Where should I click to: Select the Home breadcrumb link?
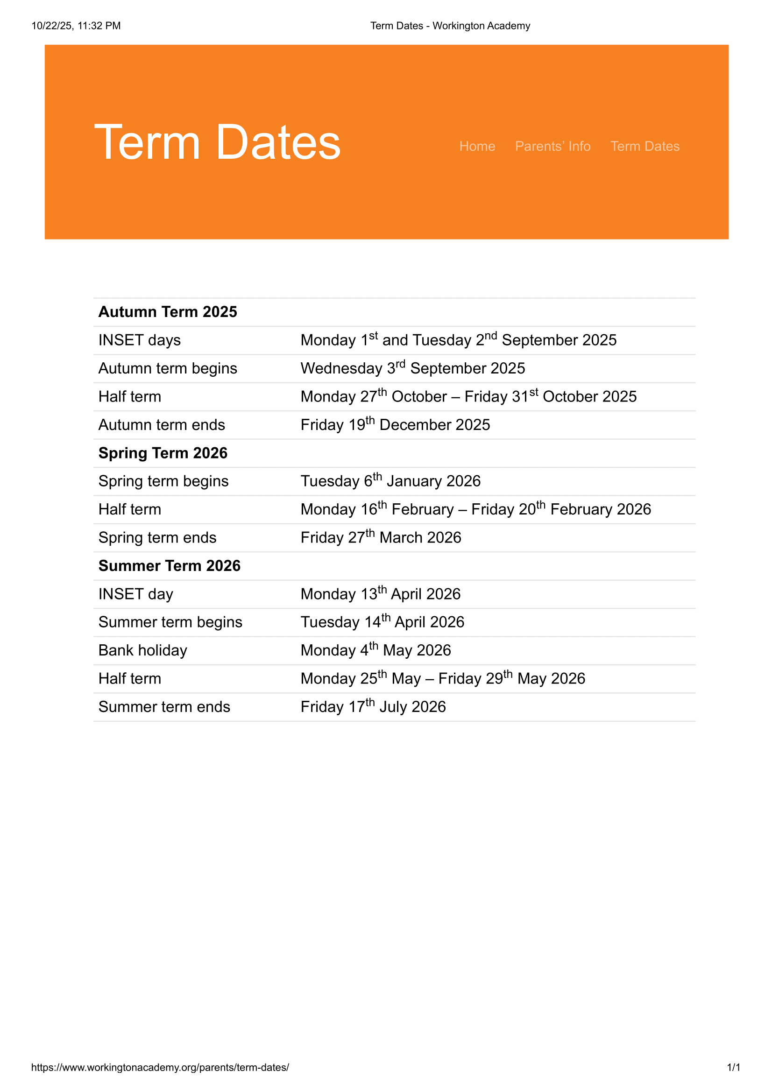[477, 146]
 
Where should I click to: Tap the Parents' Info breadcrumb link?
[552, 146]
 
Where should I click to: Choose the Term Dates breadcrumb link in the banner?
[645, 146]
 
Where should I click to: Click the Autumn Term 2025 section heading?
[168, 312]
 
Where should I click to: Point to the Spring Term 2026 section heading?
[163, 453]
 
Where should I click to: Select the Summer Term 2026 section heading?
[170, 566]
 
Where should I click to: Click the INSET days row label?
[139, 340]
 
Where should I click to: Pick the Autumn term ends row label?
[162, 425]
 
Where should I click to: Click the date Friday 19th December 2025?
[395, 425]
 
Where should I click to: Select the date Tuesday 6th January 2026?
[390, 481]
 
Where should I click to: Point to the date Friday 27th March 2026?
[381, 537]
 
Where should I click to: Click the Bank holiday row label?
[143, 651]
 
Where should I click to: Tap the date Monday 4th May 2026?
[375, 650]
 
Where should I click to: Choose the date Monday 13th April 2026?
[380, 594]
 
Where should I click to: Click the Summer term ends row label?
[164, 707]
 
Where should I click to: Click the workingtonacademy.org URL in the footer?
[160, 1067]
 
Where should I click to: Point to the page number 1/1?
[733, 1067]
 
